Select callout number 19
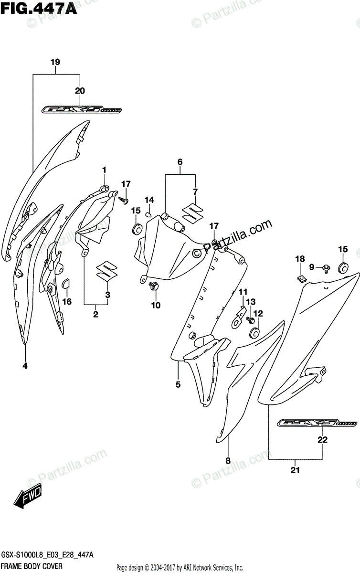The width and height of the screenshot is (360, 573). pos(55,62)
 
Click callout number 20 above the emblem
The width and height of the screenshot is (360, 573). pos(80,91)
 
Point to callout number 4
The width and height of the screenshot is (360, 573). pos(24,366)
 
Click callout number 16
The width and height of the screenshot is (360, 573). pos(67,301)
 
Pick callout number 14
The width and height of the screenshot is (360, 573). pos(149,200)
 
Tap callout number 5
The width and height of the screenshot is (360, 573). pos(178,383)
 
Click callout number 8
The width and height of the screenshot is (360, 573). pos(228,461)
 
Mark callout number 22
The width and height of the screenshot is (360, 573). pos(323,440)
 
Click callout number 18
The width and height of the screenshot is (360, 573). pos(299,259)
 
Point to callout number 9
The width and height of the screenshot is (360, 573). pos(312,267)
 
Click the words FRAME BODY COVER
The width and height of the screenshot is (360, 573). pos(29,567)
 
